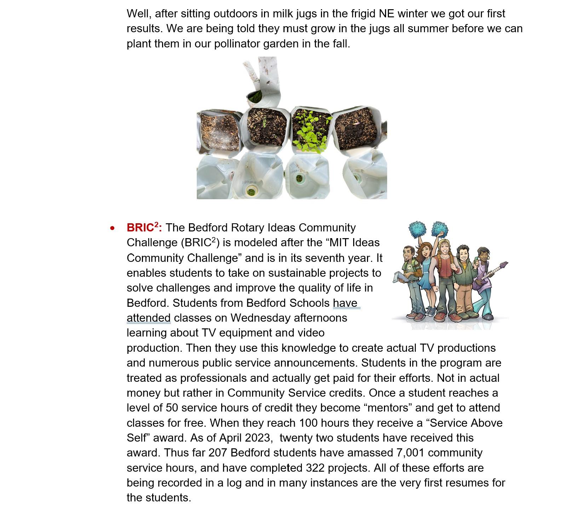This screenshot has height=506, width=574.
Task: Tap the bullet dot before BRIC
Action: (x=113, y=228)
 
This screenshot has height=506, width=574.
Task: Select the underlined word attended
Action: (x=149, y=318)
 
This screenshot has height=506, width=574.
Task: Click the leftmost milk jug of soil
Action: (x=219, y=131)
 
